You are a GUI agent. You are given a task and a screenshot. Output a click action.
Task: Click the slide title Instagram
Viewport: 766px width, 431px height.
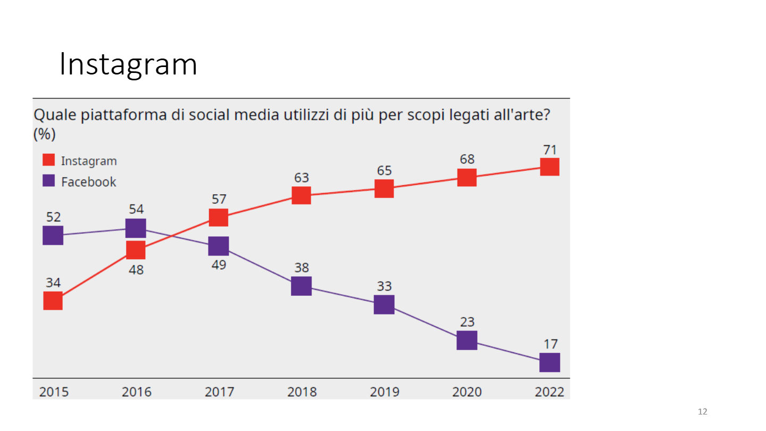coord(128,64)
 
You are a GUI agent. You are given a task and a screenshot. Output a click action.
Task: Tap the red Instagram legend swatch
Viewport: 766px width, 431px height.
coord(48,160)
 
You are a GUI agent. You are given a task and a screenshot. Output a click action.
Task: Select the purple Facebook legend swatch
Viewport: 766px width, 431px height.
coord(48,181)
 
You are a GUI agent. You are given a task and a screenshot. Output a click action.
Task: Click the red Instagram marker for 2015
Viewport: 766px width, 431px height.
coord(53,301)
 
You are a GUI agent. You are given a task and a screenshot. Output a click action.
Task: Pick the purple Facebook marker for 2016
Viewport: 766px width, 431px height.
coord(136,228)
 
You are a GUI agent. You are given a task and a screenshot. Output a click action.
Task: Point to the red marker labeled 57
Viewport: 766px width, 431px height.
coord(218,217)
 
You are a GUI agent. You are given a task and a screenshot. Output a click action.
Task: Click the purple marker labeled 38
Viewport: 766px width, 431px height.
coord(301,286)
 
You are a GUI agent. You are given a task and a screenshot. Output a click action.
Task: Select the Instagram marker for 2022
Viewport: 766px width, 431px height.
coord(549,167)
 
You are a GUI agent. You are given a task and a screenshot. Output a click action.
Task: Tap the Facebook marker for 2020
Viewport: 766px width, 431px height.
coord(467,339)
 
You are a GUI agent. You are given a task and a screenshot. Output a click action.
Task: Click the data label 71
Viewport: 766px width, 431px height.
coord(549,150)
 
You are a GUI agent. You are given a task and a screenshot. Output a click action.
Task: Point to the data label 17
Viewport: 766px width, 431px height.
coord(549,344)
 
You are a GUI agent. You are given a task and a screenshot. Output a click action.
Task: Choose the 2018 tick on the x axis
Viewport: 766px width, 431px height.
coord(302,392)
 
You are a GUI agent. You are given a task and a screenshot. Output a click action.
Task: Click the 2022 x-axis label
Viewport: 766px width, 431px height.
coord(549,392)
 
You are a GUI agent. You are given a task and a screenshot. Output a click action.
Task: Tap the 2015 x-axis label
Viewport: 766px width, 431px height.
coord(54,392)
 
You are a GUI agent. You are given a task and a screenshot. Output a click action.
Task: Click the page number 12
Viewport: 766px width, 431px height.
coord(703,412)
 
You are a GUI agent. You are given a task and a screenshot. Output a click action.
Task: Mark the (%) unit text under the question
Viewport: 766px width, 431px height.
coord(45,135)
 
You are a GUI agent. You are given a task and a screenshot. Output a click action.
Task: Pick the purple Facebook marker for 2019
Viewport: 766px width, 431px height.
coord(384,304)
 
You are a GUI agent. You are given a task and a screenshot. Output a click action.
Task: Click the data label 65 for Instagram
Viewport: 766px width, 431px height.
coord(384,171)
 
